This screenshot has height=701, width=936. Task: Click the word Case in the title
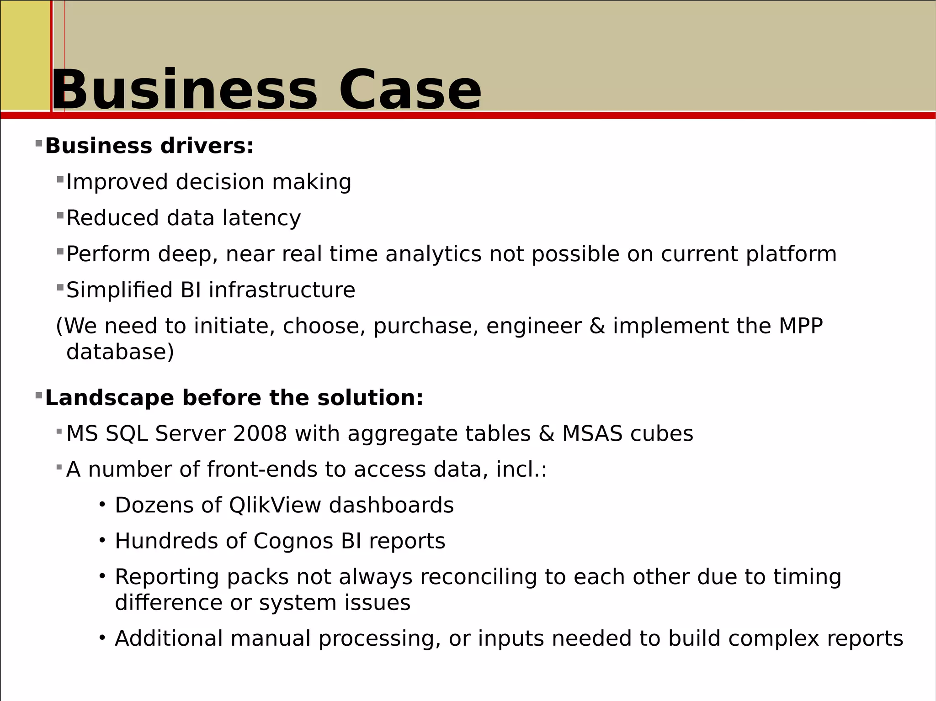pos(410,90)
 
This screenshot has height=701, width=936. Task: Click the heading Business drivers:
pos(149,146)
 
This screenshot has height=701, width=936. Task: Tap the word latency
pos(261,218)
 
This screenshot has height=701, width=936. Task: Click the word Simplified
pos(119,290)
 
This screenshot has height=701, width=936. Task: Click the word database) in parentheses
pos(120,352)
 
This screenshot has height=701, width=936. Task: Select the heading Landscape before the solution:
pos(234,398)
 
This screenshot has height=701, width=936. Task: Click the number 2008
pos(260,433)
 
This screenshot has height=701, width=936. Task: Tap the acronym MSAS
pos(592,433)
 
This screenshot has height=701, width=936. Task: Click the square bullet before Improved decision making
pos(60,179)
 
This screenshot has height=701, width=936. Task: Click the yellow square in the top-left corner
pos(25,55)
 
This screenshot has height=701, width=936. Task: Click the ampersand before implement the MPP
pos(597,326)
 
